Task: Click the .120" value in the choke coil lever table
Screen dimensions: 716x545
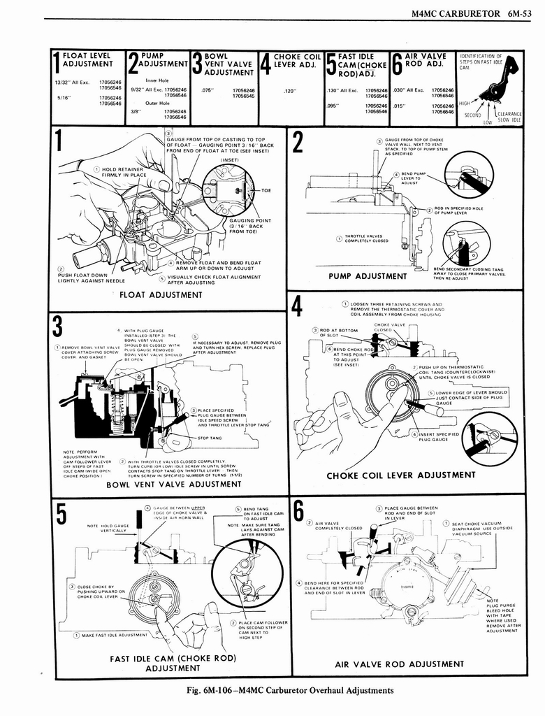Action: coord(291,90)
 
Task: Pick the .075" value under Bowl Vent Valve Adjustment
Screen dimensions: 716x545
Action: coord(207,90)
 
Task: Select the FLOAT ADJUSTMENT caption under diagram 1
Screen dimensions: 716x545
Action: coord(161,294)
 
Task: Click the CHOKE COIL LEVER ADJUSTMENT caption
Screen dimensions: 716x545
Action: coord(401,475)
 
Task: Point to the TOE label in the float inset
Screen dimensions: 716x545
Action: coord(266,190)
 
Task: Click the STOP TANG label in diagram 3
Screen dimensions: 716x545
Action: coord(210,438)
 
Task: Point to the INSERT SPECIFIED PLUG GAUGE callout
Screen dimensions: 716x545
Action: coord(439,437)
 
